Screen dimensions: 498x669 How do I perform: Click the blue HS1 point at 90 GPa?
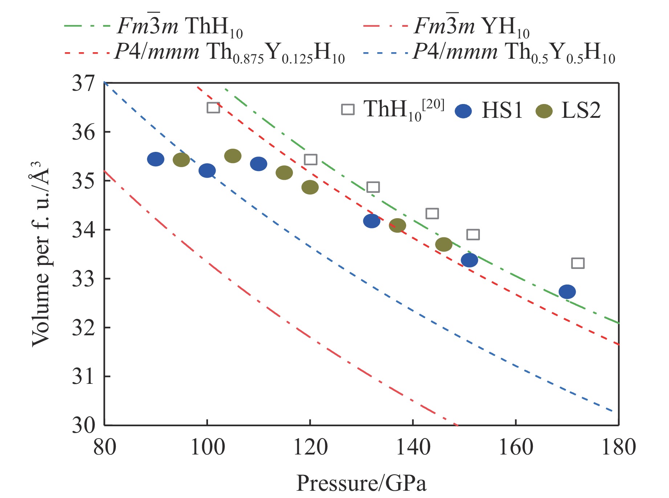coord(156,159)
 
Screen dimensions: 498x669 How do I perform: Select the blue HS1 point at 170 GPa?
coord(567,292)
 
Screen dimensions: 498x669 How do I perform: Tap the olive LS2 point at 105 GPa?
coord(233,156)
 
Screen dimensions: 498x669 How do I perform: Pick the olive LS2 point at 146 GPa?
coord(444,245)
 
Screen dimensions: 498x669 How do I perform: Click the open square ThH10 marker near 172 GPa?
coord(578,263)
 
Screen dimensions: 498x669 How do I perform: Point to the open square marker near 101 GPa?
coord(213,108)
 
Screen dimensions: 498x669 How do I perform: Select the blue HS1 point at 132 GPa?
coord(372,221)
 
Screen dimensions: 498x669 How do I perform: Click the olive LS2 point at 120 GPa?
coord(310,187)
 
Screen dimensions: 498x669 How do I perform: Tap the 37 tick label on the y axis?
coord(83,83)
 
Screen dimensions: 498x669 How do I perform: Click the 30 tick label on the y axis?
coord(83,425)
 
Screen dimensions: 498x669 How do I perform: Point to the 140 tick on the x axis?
coord(413,447)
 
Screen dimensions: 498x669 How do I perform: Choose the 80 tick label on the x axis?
coord(105,447)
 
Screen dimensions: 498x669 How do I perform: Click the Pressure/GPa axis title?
coord(361,483)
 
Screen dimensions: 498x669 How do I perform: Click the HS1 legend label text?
coord(502,110)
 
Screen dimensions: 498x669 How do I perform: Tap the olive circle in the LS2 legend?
coord(544,111)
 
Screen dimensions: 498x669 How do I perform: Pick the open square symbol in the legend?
coord(348,109)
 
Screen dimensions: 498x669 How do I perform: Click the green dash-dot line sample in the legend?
coord(87,26)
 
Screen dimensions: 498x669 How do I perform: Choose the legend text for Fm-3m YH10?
coord(472,26)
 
